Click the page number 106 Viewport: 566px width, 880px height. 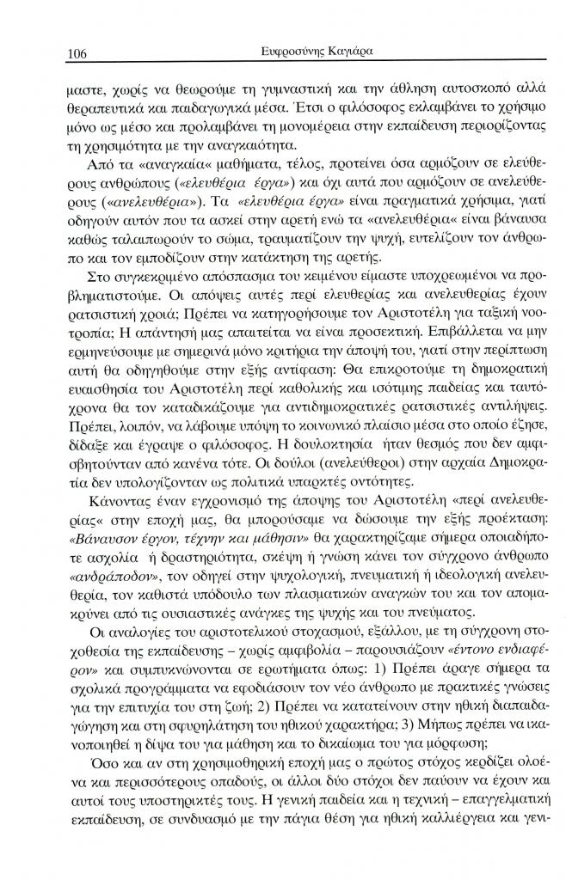pyautogui.click(x=78, y=53)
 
